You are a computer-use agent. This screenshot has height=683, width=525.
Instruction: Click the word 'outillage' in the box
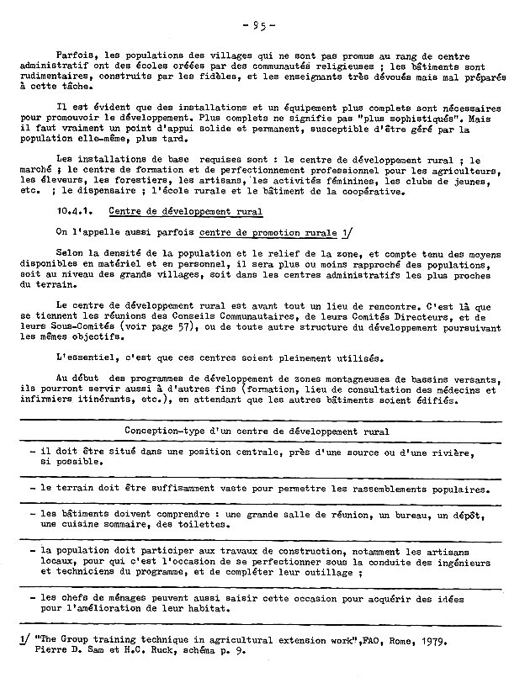point(331,572)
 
